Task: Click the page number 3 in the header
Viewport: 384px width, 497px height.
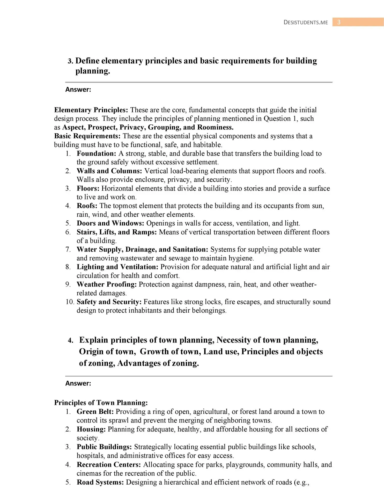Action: click(339, 22)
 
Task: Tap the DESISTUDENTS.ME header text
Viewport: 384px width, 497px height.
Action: click(306, 23)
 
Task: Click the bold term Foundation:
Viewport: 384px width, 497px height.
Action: click(96, 154)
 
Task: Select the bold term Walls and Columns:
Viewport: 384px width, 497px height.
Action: click(109, 171)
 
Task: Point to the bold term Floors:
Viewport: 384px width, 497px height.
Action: click(88, 188)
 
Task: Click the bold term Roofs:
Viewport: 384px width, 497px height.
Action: click(87, 206)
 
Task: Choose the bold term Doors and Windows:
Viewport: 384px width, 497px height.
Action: click(110, 223)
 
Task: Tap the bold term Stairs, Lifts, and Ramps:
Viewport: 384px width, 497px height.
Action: click(117, 232)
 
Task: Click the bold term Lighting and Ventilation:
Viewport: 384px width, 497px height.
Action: click(117, 267)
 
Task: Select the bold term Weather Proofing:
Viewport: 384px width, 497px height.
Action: click(107, 284)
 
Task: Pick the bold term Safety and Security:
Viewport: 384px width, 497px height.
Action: click(109, 302)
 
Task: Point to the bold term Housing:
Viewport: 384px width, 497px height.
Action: click(91, 429)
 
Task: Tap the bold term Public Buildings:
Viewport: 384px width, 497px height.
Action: click(104, 447)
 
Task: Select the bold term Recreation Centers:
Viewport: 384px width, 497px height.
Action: click(109, 465)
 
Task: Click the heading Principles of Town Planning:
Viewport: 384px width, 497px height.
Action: click(101, 403)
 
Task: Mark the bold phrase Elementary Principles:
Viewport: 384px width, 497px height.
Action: click(91, 110)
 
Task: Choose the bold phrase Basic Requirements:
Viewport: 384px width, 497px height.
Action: click(87, 136)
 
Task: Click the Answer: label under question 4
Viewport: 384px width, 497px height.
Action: click(78, 383)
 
